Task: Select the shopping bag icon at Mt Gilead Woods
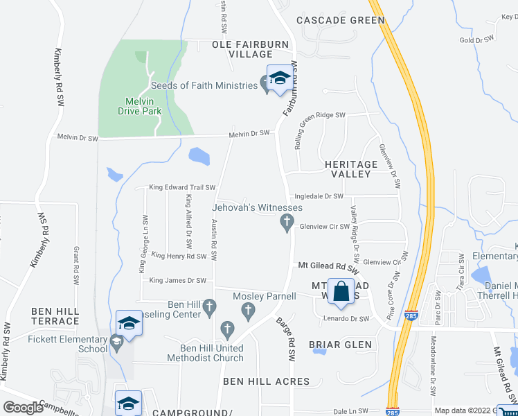point(341,292)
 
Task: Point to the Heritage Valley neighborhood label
point(351,169)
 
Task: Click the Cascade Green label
point(340,20)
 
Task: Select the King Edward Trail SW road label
point(183,188)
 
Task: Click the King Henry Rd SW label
point(179,257)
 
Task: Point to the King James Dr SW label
point(178,281)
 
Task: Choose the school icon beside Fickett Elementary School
point(129,323)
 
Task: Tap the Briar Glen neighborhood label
point(340,345)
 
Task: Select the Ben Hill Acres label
point(266,381)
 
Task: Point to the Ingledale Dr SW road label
point(319,197)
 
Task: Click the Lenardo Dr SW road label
point(347,319)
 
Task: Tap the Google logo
point(23,408)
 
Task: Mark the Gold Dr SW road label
point(476,40)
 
